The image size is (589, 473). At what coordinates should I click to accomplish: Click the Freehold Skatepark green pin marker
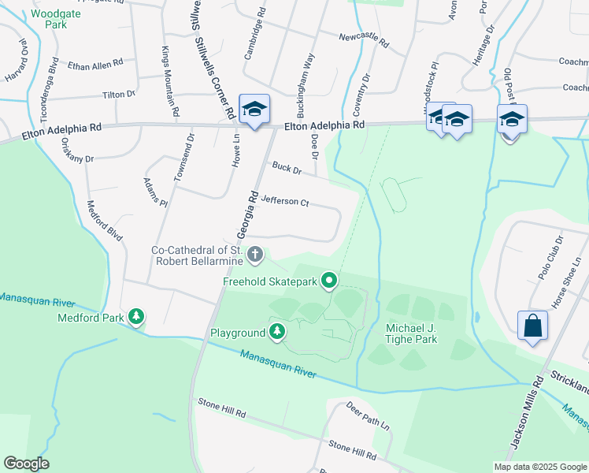click(x=331, y=280)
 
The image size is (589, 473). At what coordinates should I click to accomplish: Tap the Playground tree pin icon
click(x=276, y=333)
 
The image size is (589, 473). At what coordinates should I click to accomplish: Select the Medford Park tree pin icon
click(x=137, y=317)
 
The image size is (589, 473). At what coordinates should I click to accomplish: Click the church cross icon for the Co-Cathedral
click(x=254, y=254)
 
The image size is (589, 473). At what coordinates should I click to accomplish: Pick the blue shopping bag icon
click(x=532, y=326)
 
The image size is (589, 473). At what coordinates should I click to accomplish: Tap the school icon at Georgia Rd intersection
click(x=254, y=110)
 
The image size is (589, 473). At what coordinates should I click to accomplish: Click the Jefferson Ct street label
click(x=284, y=201)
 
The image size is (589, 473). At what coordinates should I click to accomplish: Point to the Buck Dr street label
click(x=287, y=167)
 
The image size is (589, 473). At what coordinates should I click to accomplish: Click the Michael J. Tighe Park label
click(x=411, y=333)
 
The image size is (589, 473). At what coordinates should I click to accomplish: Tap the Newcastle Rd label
click(x=364, y=40)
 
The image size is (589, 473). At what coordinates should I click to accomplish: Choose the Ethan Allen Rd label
click(x=96, y=64)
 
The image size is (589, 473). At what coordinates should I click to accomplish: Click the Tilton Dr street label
click(x=119, y=95)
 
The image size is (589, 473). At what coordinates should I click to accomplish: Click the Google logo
click(x=26, y=464)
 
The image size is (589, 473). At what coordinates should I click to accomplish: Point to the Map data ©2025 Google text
click(x=539, y=467)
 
